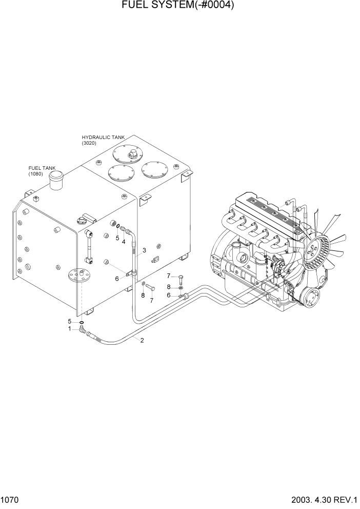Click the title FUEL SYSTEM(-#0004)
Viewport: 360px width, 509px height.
tap(179, 6)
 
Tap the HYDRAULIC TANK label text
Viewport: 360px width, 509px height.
tap(103, 138)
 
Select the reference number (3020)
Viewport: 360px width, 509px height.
tap(89, 143)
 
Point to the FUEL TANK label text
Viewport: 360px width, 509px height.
tap(42, 168)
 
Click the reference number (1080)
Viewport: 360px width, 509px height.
tap(36, 174)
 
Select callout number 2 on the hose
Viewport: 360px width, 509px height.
tap(142, 341)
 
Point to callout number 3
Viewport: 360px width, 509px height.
tap(145, 250)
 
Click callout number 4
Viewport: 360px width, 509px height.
tap(123, 242)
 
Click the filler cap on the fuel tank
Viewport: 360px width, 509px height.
tap(55, 180)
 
